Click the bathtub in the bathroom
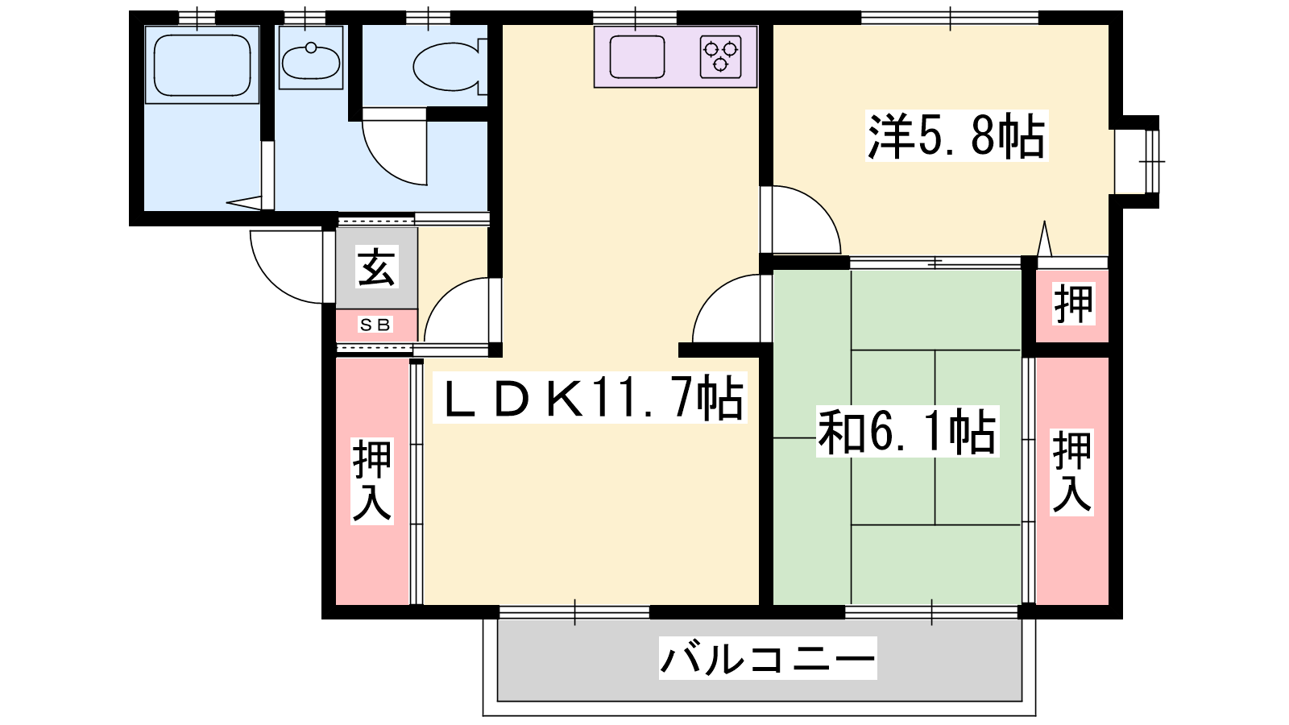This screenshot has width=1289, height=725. (202, 65)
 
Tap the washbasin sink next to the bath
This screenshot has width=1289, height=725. (311, 60)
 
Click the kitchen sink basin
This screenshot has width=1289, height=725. (637, 56)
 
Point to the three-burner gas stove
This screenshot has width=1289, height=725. (720, 56)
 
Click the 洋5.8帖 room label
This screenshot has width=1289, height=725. (956, 136)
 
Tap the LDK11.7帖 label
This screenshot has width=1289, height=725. (590, 398)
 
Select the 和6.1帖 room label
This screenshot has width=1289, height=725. (907, 432)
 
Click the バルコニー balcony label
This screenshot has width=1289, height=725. (768, 657)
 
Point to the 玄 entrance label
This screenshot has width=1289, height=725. (376, 267)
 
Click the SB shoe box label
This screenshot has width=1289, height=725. (375, 325)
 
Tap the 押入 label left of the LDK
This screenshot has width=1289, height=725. (372, 481)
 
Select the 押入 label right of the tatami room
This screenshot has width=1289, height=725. (1072, 472)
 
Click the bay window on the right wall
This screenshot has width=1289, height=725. (1137, 161)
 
